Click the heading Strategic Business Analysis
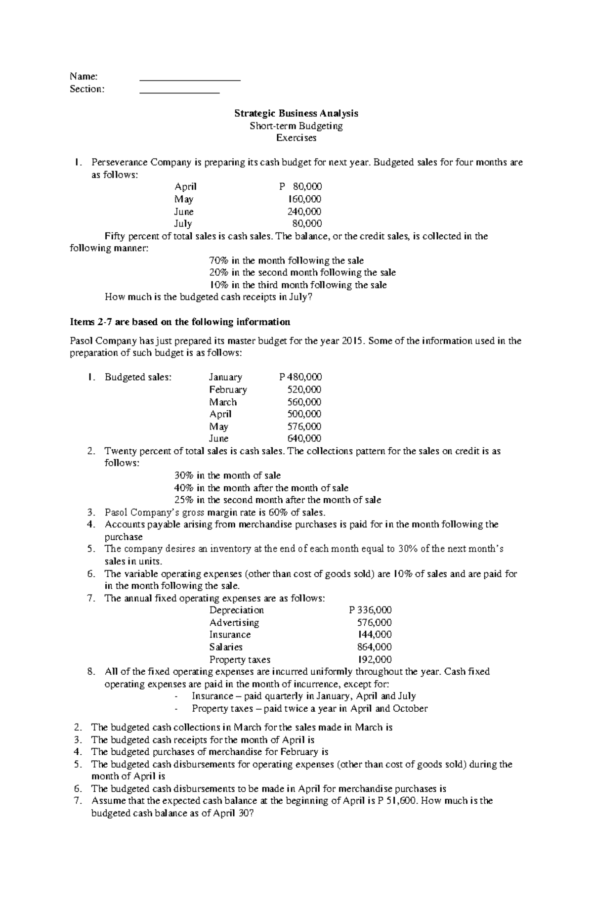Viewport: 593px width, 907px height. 296,113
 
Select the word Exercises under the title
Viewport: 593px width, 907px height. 296,138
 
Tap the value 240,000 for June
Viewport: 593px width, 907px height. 304,212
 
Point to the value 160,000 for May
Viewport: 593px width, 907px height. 304,199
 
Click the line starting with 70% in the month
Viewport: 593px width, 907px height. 287,260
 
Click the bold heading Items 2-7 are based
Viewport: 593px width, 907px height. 180,322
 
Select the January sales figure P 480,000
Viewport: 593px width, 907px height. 300,377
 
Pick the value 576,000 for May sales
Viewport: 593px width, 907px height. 304,426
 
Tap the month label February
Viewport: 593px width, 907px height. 228,389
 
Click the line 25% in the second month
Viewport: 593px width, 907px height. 278,500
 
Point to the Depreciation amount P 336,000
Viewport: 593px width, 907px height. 371,610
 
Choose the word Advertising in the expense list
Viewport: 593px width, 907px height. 234,623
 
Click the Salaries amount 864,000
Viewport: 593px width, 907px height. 375,647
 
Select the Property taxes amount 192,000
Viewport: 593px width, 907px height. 375,659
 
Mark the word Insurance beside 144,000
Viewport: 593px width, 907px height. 230,635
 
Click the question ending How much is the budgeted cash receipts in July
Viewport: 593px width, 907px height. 209,297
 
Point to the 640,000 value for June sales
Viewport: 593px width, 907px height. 304,438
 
